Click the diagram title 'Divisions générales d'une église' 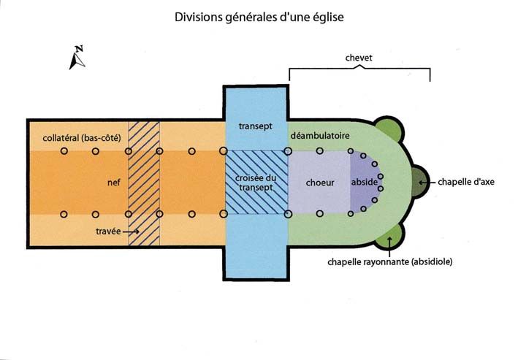click(259, 16)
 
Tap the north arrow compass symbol click(77, 58)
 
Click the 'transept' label click(255, 126)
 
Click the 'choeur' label click(319, 183)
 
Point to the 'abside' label click(363, 183)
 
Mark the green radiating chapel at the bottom click(389, 234)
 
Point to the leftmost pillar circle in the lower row click(64, 214)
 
